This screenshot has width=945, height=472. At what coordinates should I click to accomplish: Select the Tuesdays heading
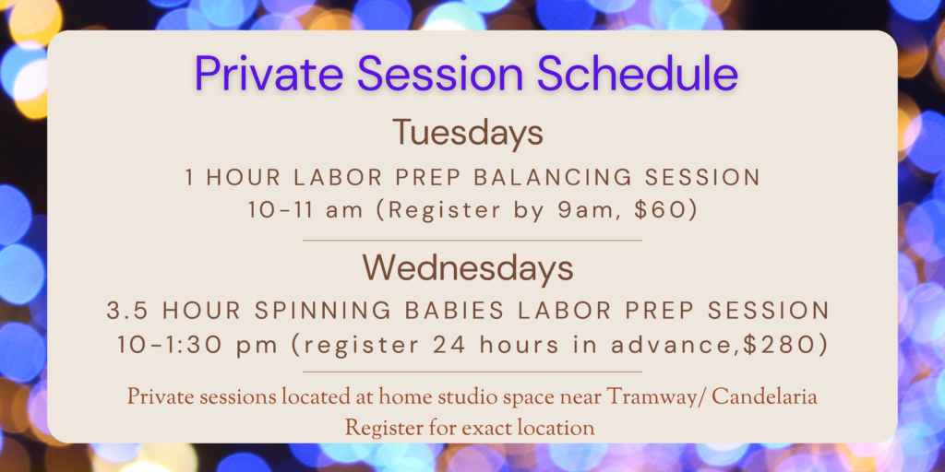click(468, 134)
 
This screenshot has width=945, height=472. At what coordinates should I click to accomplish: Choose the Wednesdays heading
click(468, 268)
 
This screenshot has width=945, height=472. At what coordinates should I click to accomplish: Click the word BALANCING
click(545, 178)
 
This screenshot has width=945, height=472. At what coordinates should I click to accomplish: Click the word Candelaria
click(765, 397)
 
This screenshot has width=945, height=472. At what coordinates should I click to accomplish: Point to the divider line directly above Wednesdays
click(472, 241)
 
